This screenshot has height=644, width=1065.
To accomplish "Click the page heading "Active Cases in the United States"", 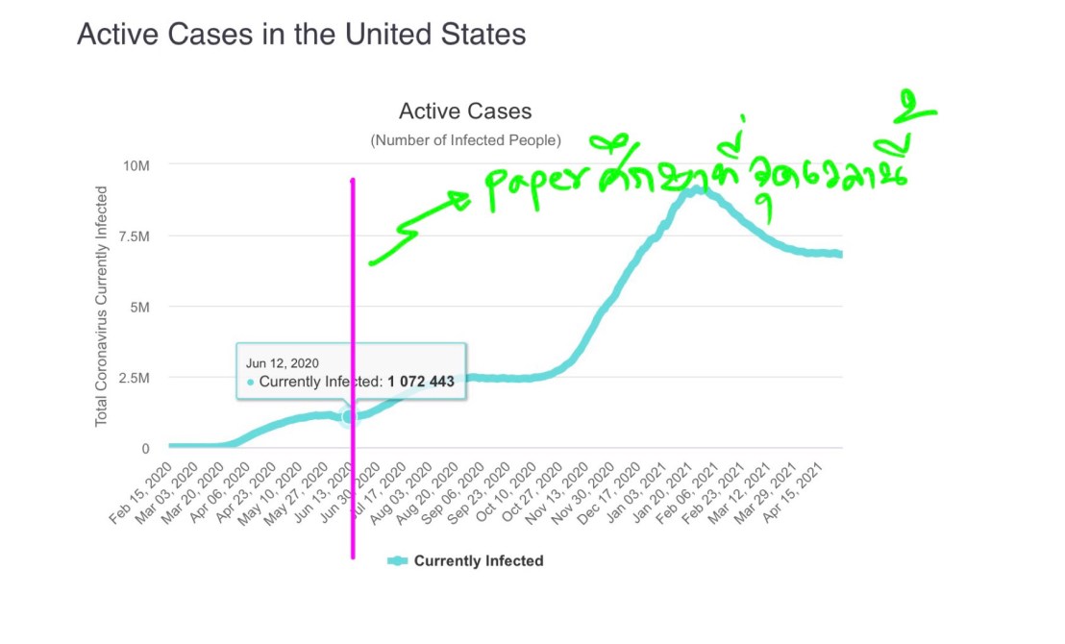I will tap(301, 35).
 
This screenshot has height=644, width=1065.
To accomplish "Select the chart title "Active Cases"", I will tap(465, 112).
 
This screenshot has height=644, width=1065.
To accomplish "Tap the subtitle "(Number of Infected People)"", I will tap(465, 140).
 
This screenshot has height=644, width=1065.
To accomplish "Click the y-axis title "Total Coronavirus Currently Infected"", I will tap(102, 307).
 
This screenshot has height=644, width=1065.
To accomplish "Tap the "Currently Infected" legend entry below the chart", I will tap(466, 561).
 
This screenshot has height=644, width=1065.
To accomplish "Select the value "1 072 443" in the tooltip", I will tap(420, 382).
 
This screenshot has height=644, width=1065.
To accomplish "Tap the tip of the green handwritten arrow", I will tap(469, 199).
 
